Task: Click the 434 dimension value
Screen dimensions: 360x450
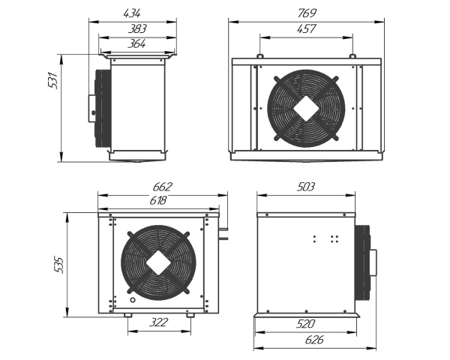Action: (x=132, y=13)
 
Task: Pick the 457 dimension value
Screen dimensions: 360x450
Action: (x=306, y=28)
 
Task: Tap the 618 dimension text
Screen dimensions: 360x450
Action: (x=157, y=200)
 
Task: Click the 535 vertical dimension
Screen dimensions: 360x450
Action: (x=60, y=265)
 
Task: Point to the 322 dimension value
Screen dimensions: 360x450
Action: (x=158, y=323)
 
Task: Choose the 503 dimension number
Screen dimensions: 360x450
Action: (x=306, y=187)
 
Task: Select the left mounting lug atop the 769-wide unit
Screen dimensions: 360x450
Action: (x=258, y=56)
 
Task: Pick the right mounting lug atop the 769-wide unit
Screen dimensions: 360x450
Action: (x=352, y=56)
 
